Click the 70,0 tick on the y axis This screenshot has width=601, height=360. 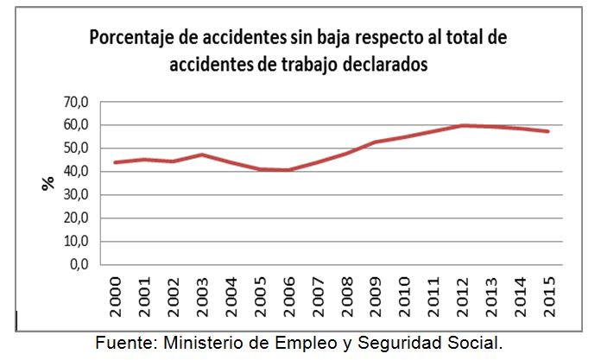76,102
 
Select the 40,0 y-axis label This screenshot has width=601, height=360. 76,172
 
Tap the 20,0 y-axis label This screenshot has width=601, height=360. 76,218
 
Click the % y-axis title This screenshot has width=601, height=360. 48,182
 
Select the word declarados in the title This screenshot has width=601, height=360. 383,65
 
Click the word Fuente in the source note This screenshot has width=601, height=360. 122,342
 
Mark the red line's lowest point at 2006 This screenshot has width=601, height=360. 289,170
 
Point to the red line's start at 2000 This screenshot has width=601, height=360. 115,162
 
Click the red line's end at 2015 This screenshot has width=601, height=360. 548,131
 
